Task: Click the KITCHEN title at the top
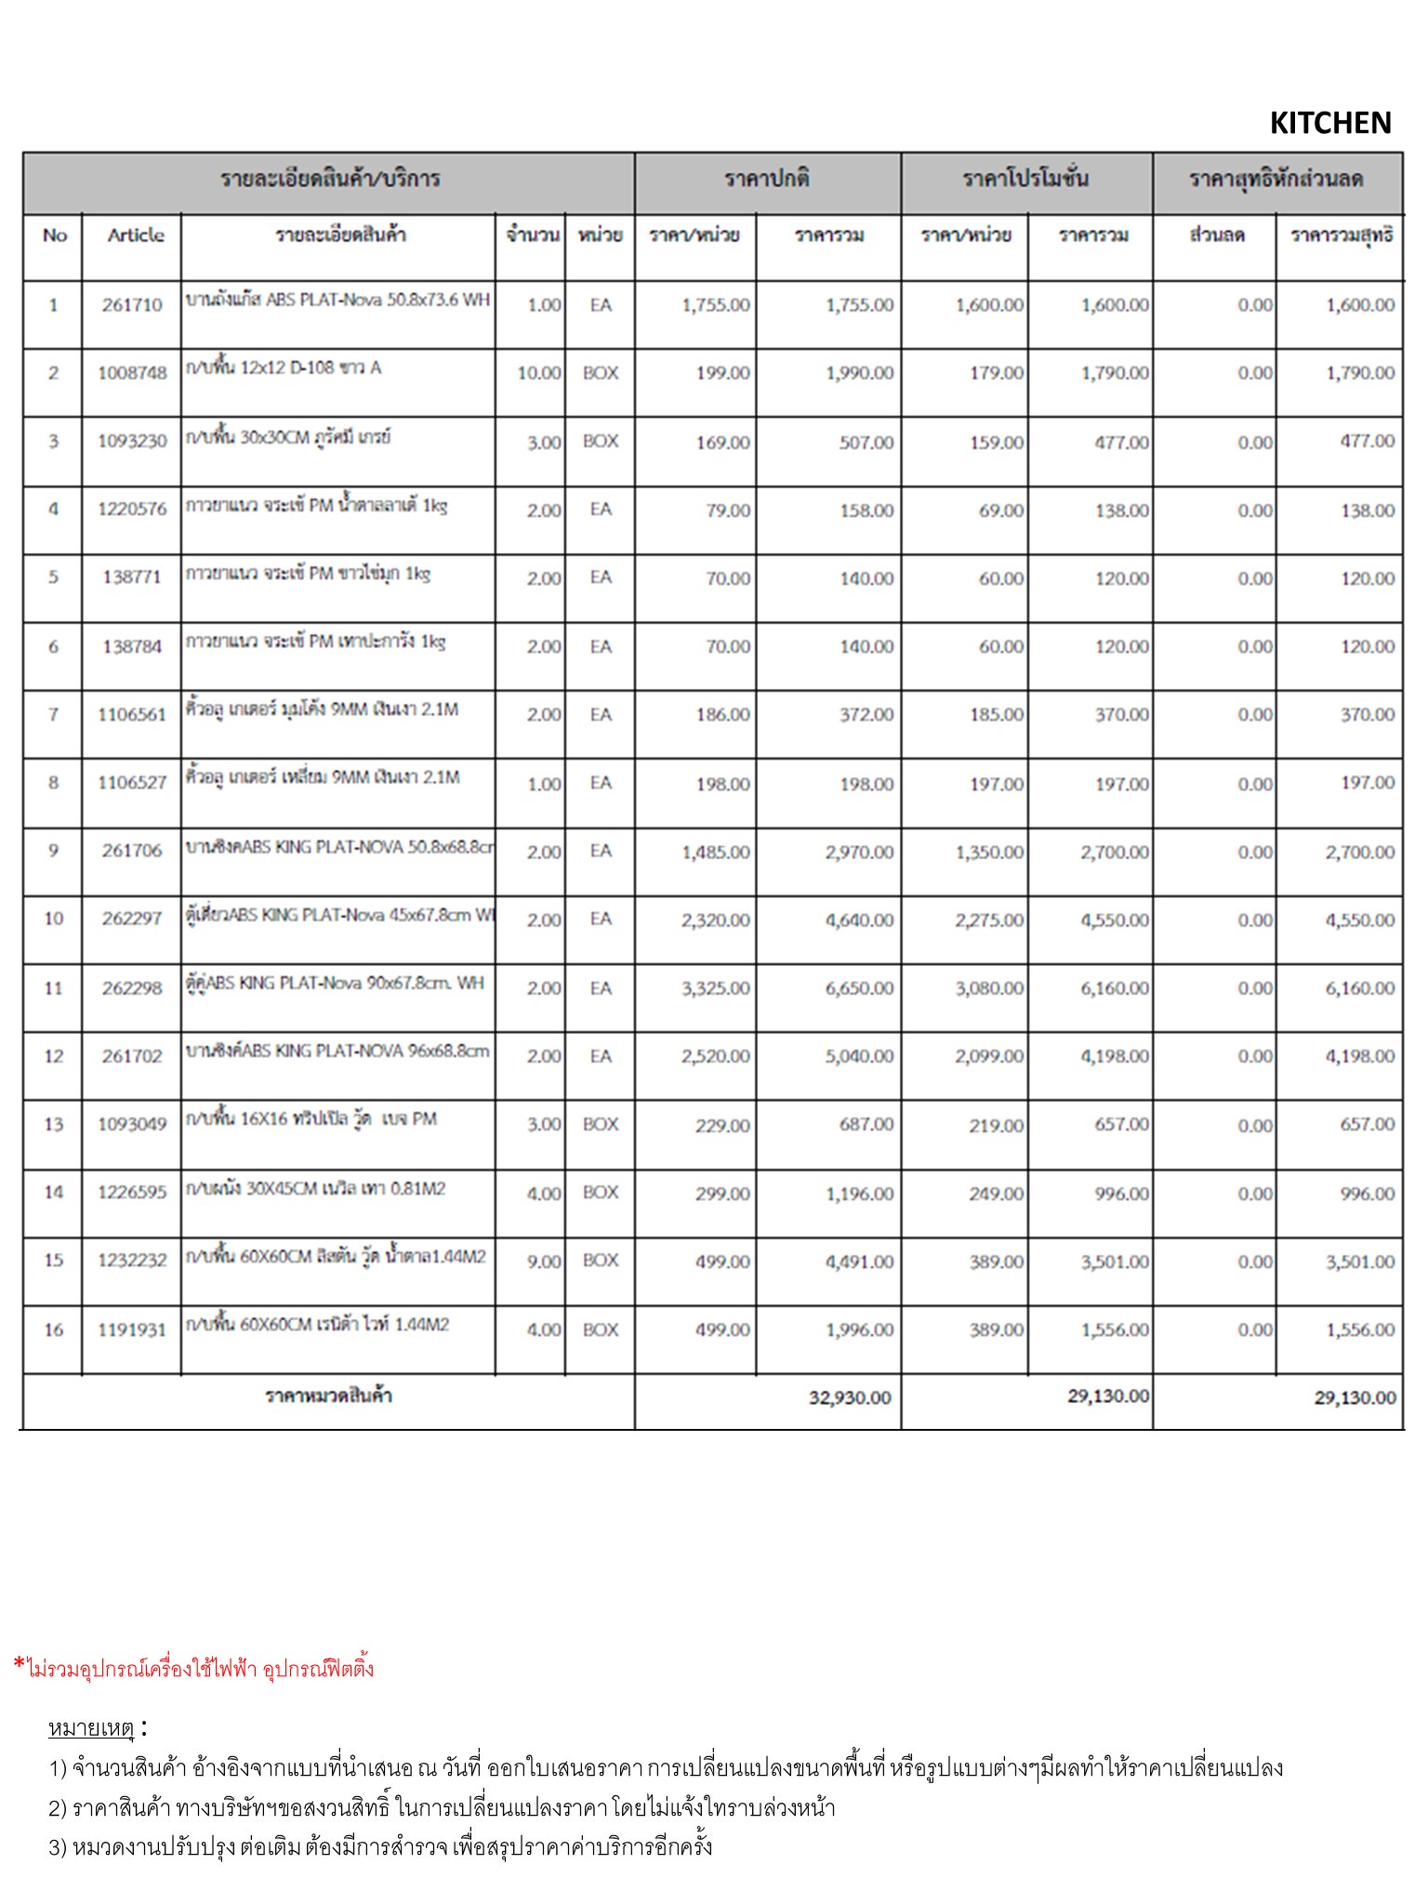[x=1329, y=123]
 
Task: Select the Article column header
[x=135, y=235]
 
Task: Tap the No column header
[x=55, y=235]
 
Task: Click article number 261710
[x=132, y=305]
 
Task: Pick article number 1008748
[x=132, y=373]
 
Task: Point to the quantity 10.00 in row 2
[x=538, y=373]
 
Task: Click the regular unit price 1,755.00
[x=715, y=305]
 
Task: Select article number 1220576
[x=132, y=509]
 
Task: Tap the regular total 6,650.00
[x=859, y=988]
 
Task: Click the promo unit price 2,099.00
[x=988, y=1056]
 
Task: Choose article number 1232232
[x=132, y=1261]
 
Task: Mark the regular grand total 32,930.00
[x=849, y=1397]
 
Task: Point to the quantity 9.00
[x=544, y=1262]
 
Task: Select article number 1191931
[x=132, y=1329]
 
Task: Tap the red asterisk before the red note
[x=19, y=1663]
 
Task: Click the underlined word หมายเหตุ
[x=91, y=1729]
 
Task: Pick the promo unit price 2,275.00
[x=988, y=920]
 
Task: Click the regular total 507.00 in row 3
[x=866, y=443]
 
